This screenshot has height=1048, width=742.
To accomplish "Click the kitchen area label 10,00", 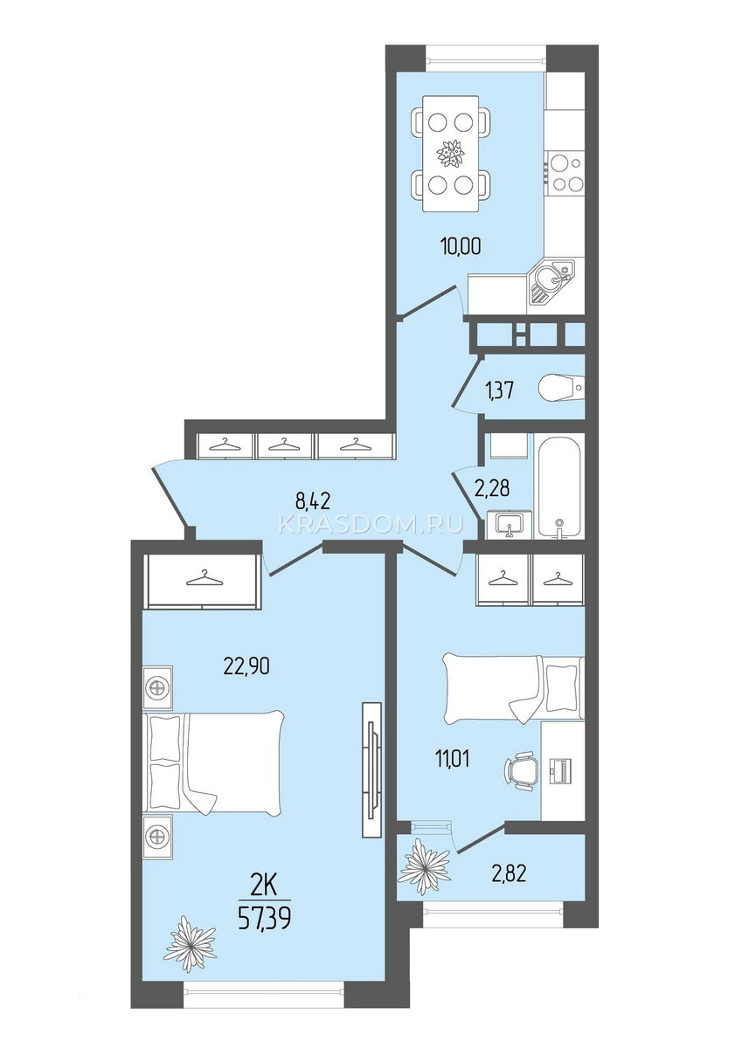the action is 461,245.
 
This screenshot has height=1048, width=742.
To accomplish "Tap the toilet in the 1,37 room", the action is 561,387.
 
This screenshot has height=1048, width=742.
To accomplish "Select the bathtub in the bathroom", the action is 559,486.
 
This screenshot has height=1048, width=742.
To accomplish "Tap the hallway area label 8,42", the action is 313,501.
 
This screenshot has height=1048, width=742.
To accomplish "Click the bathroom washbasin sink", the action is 509,524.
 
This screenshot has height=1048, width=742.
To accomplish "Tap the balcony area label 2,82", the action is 510,872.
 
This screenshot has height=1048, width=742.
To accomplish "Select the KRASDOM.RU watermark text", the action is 371,525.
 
